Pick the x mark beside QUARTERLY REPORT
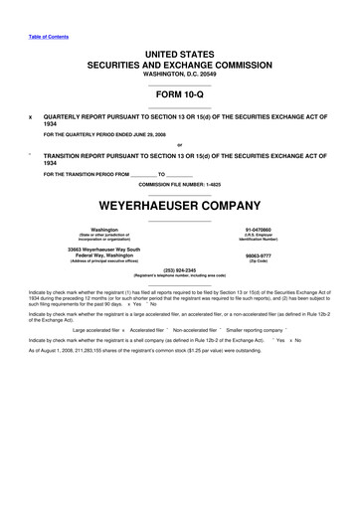31,115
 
